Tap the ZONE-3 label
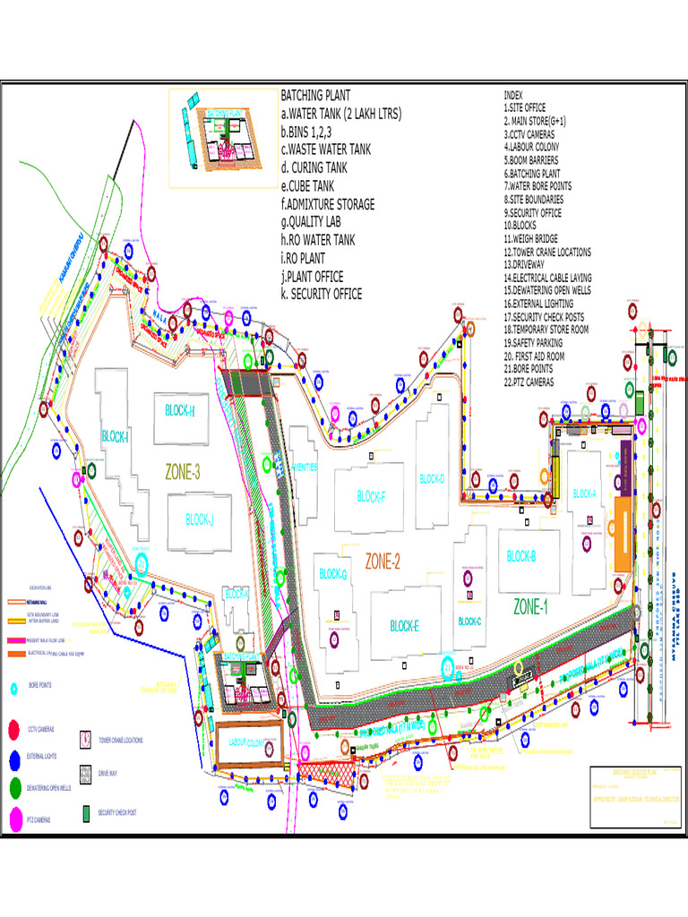click(x=182, y=472)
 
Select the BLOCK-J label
click(x=200, y=518)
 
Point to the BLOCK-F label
click(x=371, y=495)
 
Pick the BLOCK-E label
click(x=404, y=626)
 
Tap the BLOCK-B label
click(x=521, y=556)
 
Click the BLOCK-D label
click(x=432, y=479)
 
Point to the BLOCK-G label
click(x=332, y=574)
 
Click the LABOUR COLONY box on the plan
click(x=251, y=742)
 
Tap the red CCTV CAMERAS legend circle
click(x=14, y=731)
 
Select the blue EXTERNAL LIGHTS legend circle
click(x=14, y=759)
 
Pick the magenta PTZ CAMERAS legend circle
click(x=14, y=818)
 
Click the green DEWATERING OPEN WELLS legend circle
click(x=14, y=788)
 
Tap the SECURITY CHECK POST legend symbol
click(x=86, y=814)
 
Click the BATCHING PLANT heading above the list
click(x=315, y=95)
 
